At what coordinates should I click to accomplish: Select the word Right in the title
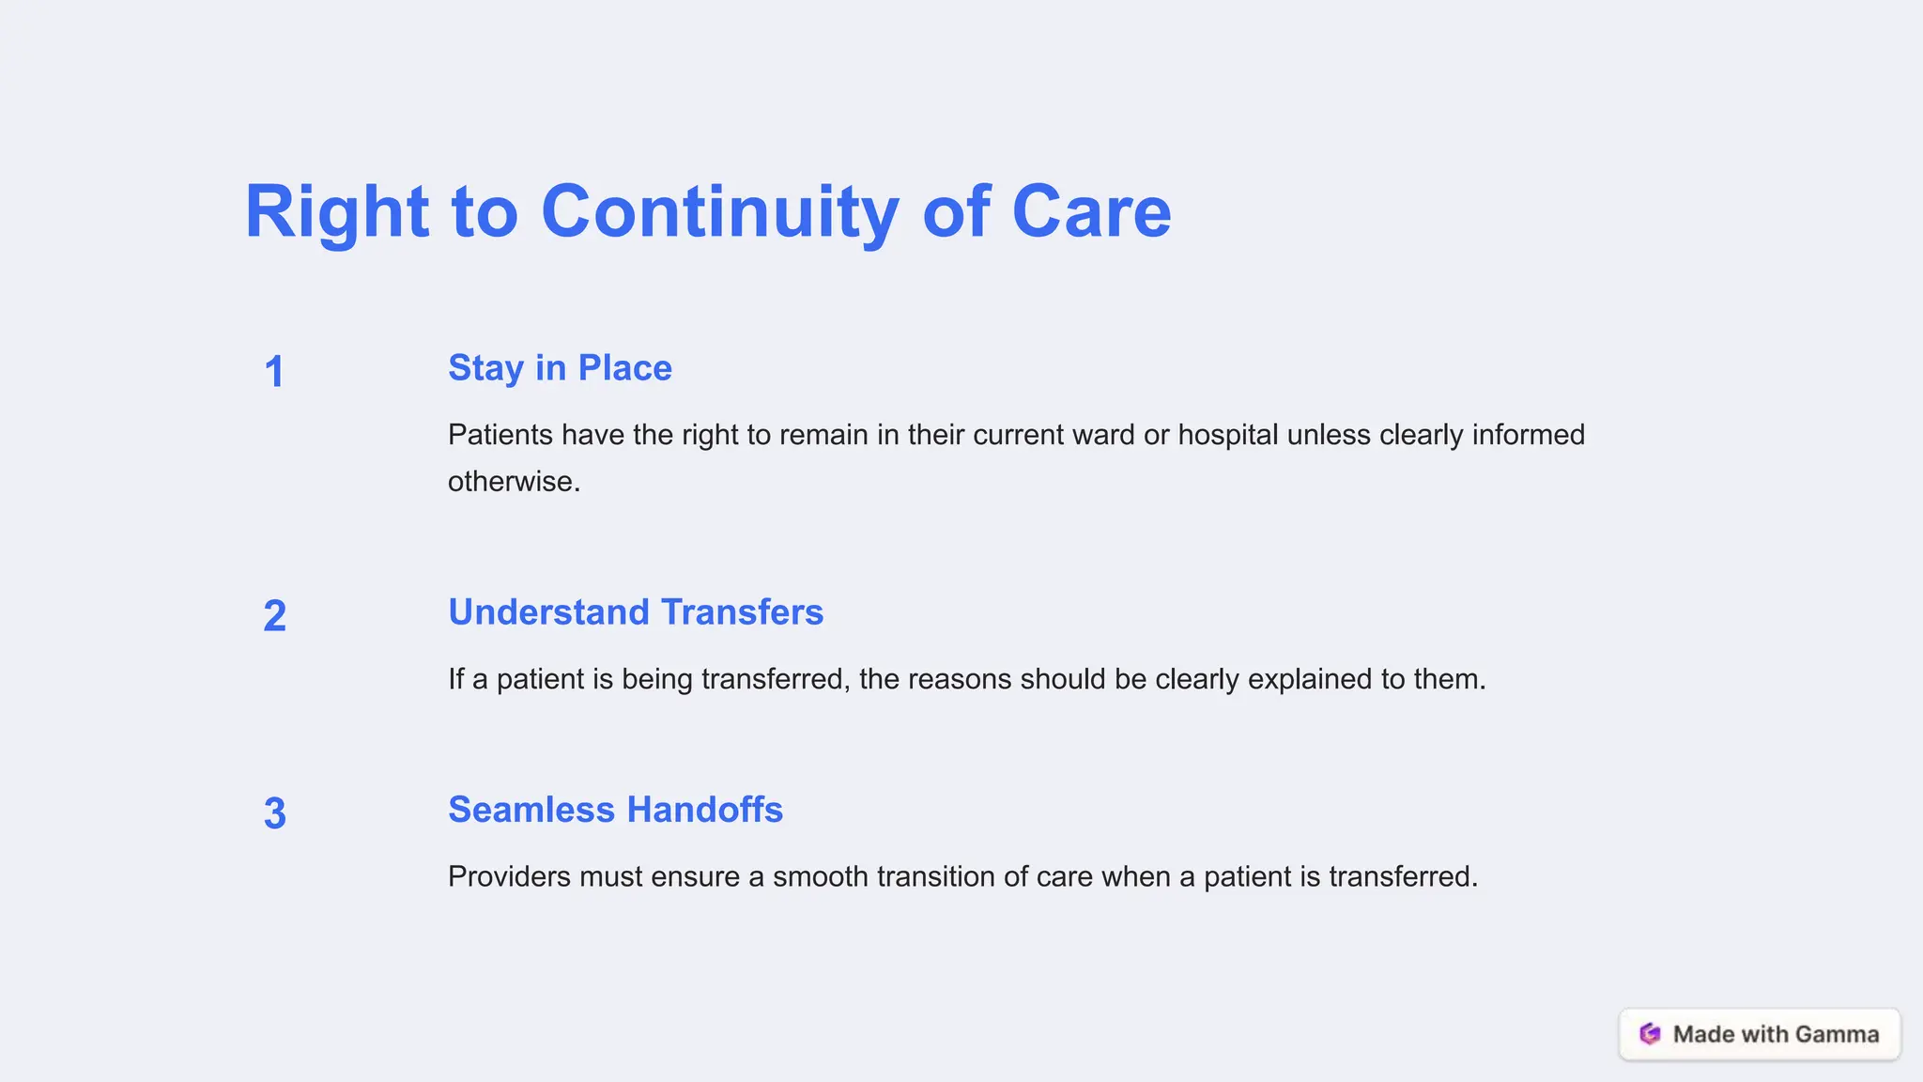336,212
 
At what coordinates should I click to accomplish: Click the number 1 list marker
274,372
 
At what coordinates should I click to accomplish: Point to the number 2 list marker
274,616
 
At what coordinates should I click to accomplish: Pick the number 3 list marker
274,813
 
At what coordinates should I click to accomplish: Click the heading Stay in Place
560,368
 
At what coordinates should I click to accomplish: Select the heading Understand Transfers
636,612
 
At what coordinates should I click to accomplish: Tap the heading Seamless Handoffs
615,810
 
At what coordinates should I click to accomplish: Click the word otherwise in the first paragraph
514,482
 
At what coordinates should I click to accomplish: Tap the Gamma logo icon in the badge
1650,1034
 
